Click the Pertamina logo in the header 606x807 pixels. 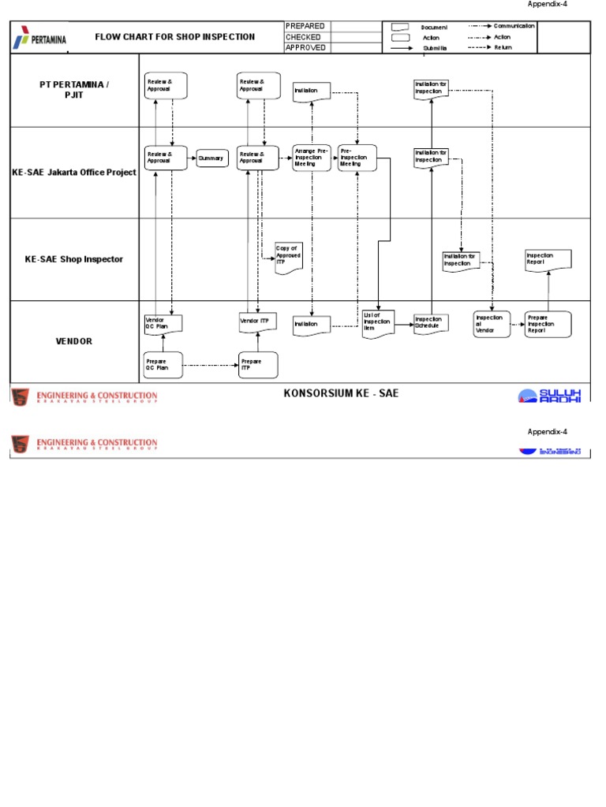[39, 38]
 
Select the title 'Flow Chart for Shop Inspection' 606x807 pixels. [174, 37]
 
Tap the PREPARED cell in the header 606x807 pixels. [305, 27]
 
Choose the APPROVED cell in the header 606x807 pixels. [305, 48]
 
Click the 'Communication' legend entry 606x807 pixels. [514, 26]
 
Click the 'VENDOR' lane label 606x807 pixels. [73, 341]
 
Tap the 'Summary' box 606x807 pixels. [212, 158]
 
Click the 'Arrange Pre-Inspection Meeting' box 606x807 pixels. [312, 158]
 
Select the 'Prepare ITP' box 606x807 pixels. [258, 365]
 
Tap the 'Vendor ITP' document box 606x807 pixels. [258, 322]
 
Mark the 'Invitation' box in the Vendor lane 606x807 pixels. [312, 325]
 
